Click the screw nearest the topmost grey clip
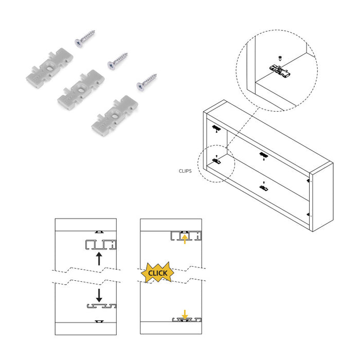84,38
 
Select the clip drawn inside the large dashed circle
282,71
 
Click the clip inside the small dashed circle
217,161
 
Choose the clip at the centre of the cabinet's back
263,155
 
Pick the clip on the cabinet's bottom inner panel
264,188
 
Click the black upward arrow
99,259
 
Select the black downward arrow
99,295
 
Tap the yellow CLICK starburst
157,273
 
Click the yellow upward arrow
185,239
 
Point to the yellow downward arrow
185,314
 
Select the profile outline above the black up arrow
99,244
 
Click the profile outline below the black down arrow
100,307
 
